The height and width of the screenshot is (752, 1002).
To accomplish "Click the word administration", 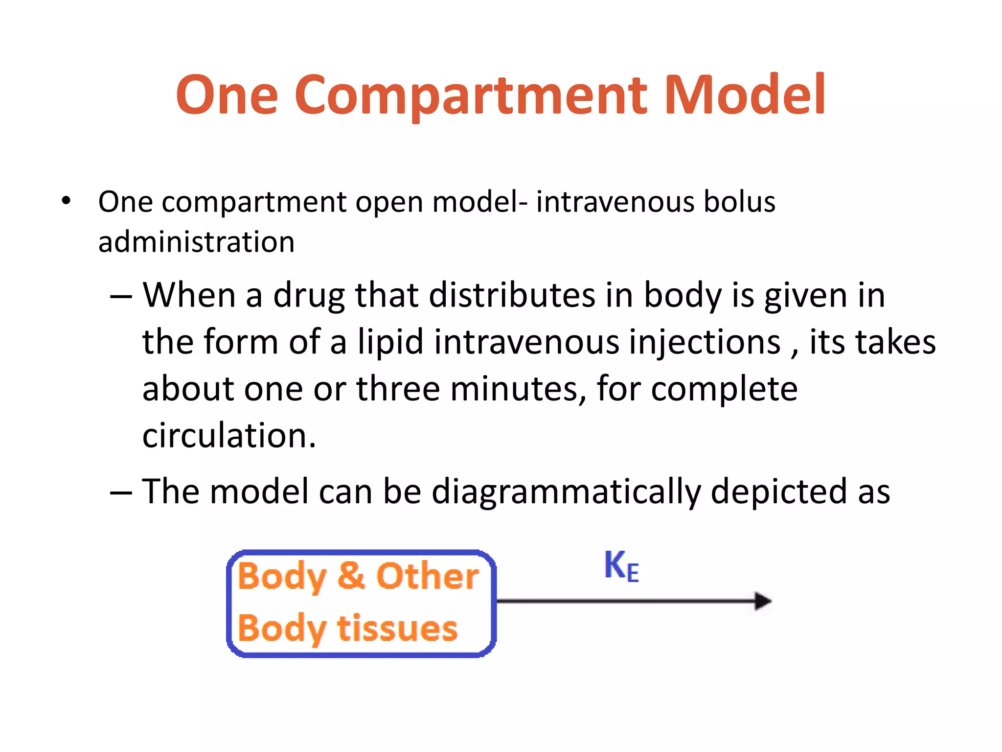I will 196,242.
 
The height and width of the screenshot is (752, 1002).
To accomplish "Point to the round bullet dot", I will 66,201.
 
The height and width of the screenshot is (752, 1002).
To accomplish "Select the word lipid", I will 390,342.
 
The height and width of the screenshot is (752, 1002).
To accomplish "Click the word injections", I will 705,342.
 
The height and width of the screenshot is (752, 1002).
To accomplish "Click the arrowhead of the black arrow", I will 762,601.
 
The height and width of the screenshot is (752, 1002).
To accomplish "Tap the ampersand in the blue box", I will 351,576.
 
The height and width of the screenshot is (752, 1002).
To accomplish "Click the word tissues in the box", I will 397,628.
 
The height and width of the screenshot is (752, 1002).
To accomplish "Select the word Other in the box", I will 427,576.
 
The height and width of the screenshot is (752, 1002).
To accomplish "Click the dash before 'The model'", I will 121,492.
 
